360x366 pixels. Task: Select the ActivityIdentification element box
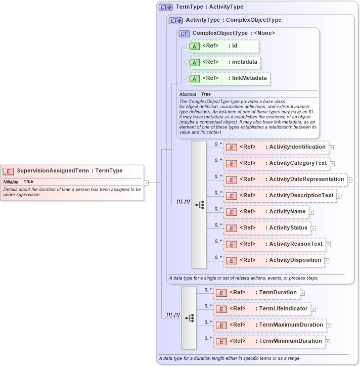[x=277, y=147]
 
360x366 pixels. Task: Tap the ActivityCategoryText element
[x=277, y=163]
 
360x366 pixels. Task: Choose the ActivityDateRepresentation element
[x=285, y=179]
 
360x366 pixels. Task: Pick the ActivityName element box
[x=266, y=212]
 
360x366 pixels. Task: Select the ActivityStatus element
[x=267, y=228]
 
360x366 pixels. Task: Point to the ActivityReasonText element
[x=275, y=244]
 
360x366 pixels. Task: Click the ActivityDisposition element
[x=274, y=260]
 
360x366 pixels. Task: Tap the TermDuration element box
[x=256, y=293]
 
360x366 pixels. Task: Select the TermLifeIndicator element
[x=261, y=309]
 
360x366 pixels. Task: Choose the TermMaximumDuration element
[x=269, y=325]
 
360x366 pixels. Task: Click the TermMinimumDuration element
[x=269, y=341]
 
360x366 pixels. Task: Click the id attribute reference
[x=222, y=47]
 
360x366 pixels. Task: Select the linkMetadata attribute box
[x=228, y=78]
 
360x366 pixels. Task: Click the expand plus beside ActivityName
[x=311, y=212]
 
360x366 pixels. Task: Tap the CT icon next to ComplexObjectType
[x=184, y=33]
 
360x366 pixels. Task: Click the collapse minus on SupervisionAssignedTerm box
[x=146, y=182]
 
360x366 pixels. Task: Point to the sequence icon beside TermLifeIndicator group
[x=189, y=318]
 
